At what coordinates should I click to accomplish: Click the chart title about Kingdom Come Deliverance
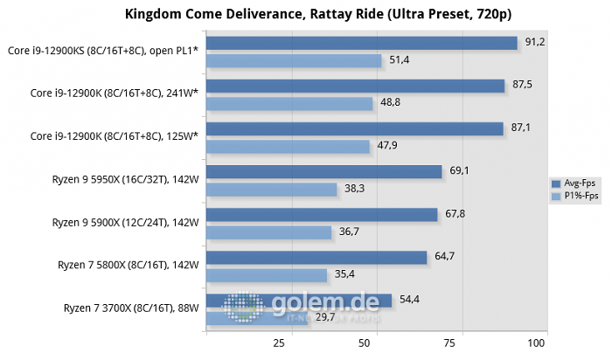click(306, 14)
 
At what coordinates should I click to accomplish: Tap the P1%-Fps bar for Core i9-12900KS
click(294, 60)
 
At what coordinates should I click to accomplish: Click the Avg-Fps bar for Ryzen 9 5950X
click(323, 171)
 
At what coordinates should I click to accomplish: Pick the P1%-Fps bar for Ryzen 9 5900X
click(268, 232)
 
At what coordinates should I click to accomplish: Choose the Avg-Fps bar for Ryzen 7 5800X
click(316, 257)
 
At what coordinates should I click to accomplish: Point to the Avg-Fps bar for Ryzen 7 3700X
click(299, 300)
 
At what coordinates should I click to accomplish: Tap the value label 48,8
click(390, 103)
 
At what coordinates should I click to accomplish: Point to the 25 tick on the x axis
click(281, 343)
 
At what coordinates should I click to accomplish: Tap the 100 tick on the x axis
click(537, 343)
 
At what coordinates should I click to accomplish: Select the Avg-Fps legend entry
click(574, 183)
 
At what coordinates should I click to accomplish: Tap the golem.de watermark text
click(323, 303)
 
